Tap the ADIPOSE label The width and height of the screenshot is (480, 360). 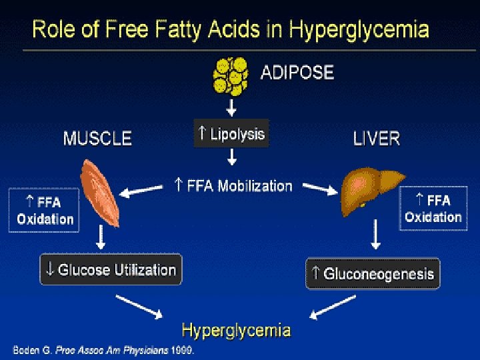(x=296, y=72)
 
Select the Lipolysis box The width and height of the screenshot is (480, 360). (x=231, y=133)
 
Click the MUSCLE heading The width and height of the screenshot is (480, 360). (x=97, y=139)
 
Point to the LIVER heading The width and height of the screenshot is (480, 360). (x=376, y=139)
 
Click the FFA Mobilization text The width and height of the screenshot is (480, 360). (x=233, y=185)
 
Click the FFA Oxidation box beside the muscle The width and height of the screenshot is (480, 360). (x=44, y=210)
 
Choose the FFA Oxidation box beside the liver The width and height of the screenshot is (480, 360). (x=433, y=209)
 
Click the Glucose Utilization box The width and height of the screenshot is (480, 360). (x=111, y=269)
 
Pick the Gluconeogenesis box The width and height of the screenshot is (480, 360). (x=373, y=273)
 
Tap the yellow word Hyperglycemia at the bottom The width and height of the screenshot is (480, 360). (x=236, y=330)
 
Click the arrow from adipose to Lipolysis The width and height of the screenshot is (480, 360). (x=231, y=107)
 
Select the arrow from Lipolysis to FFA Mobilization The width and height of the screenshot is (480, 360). (x=231, y=157)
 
